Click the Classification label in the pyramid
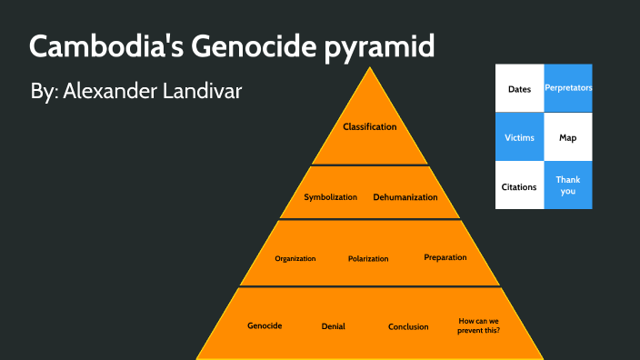[x=369, y=126]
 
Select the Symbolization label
[x=330, y=196]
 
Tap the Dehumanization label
[x=405, y=196]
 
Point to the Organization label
[x=295, y=258]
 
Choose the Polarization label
[x=368, y=258]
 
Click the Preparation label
[x=445, y=257]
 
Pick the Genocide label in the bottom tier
[x=265, y=325]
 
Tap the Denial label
[x=333, y=326]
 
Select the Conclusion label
[x=408, y=326]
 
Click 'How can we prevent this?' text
[x=478, y=325]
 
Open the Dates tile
[x=519, y=88]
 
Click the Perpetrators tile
[x=567, y=88]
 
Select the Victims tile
[x=519, y=137]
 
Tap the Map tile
[x=567, y=137]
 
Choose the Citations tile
[x=519, y=185]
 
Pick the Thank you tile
[x=567, y=185]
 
